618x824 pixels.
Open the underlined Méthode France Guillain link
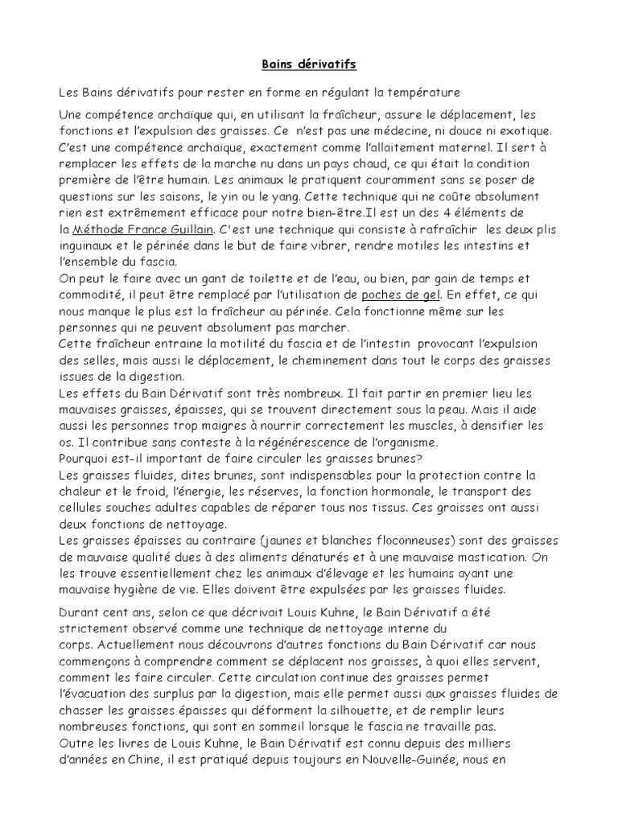point(140,229)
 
